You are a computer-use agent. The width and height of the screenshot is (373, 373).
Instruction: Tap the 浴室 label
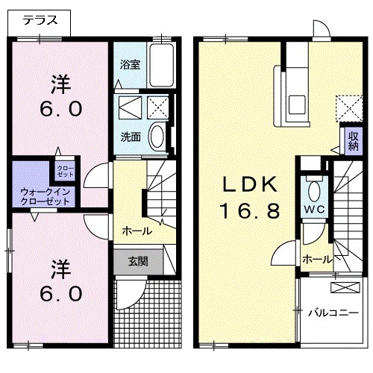click(x=131, y=64)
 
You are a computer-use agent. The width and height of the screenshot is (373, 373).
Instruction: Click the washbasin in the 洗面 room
click(x=157, y=137)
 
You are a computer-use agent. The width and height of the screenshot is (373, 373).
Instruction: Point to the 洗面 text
click(x=131, y=137)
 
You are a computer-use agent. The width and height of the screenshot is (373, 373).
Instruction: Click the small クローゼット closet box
click(x=66, y=169)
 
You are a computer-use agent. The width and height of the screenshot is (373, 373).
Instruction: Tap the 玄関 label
click(x=138, y=261)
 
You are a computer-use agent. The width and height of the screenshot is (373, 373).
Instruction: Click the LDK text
click(x=248, y=184)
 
